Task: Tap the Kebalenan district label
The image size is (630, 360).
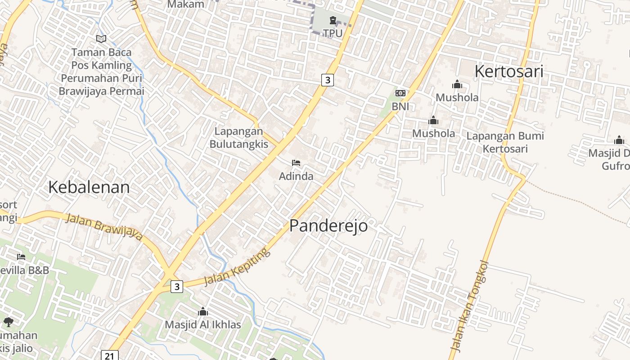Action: click(x=89, y=187)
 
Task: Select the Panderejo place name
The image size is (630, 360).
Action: click(x=328, y=226)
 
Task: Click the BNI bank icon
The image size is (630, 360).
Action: click(x=400, y=93)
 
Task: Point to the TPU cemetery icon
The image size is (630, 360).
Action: click(x=333, y=20)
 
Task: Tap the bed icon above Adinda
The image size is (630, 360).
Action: click(x=296, y=162)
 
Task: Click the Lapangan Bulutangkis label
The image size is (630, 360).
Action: click(x=238, y=138)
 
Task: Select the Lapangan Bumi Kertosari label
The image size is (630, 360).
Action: click(x=505, y=142)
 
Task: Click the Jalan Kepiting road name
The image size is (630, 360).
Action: click(x=237, y=266)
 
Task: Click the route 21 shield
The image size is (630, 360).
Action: click(x=109, y=355)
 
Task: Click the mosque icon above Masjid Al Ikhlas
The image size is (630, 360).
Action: click(x=203, y=311)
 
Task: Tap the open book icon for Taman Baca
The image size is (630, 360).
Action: click(x=101, y=39)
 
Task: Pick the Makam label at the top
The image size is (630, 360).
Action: click(x=185, y=4)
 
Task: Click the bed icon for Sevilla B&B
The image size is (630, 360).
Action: click(x=21, y=257)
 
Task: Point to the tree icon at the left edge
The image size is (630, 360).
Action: click(x=8, y=322)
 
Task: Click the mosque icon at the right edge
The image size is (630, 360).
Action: click(x=619, y=140)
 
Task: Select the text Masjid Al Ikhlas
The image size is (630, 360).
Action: click(x=202, y=324)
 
